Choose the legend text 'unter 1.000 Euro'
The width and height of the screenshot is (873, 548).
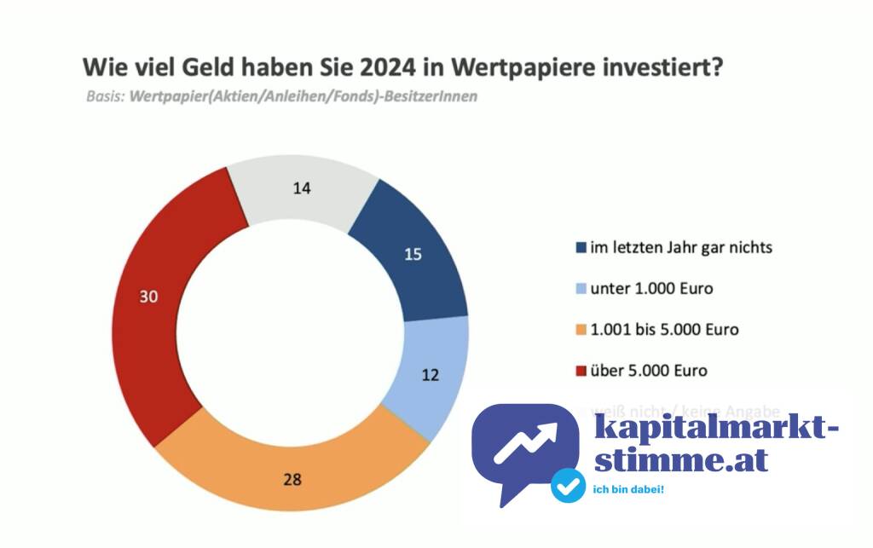click(651, 289)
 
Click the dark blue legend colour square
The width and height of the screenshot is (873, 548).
click(581, 249)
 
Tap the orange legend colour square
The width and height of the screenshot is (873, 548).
click(581, 331)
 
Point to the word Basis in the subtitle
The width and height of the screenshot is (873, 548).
click(105, 96)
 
